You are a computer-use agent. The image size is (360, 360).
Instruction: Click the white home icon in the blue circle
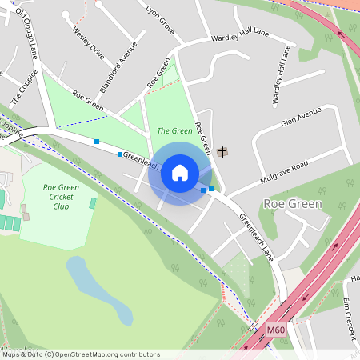pyautogui.click(x=180, y=173)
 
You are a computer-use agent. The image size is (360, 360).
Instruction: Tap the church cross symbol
pyautogui.click(x=222, y=151)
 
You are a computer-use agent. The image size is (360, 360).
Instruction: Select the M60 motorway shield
pyautogui.click(x=276, y=330)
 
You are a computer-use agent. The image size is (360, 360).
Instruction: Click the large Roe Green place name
pyautogui.click(x=293, y=204)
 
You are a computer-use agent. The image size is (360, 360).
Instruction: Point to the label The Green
pyautogui.click(x=174, y=130)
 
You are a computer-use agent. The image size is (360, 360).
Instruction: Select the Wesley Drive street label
pyautogui.click(x=88, y=45)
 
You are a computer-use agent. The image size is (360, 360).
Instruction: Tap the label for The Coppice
pyautogui.click(x=20, y=89)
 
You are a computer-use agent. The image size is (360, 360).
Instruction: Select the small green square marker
pyautogui.click(x=211, y=189)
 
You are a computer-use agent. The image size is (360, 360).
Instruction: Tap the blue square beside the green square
pyautogui.click(x=203, y=190)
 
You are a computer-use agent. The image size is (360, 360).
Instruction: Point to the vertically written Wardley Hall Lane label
pyautogui.click(x=282, y=74)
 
